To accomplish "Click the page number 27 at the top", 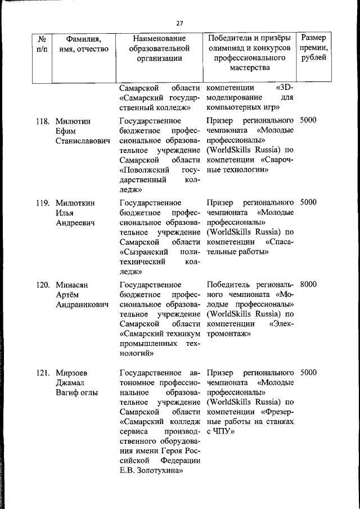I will [179, 23].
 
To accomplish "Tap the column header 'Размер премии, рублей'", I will [313, 48].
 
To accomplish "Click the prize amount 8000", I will [308, 285].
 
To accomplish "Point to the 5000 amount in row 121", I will [308, 372].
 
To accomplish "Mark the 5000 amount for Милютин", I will [308, 121].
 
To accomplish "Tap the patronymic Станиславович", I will [83, 141].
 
